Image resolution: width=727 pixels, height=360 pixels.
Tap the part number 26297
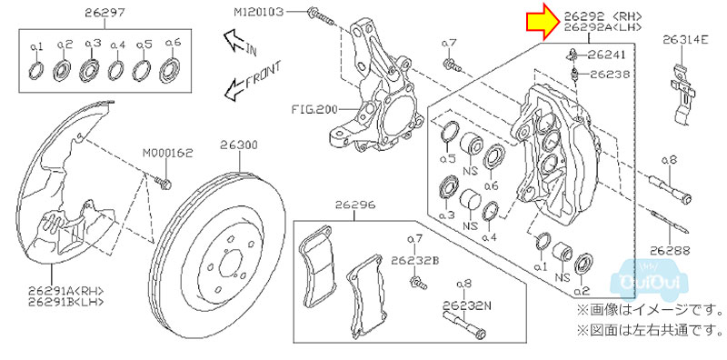pos(105,13)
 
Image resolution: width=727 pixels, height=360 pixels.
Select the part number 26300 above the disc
pos(239,145)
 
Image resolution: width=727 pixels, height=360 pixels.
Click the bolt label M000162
pos(167,153)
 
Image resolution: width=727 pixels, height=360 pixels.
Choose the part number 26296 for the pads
pos(355,205)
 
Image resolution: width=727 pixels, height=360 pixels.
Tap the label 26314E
pos(685,39)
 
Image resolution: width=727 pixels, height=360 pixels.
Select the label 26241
pos(606,55)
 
